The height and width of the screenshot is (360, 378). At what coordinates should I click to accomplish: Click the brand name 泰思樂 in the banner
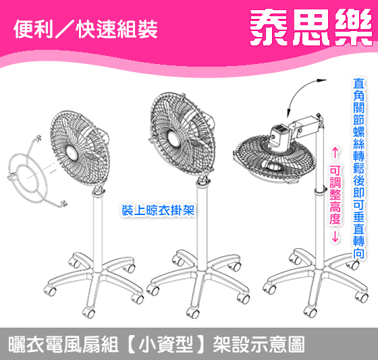(x=311, y=27)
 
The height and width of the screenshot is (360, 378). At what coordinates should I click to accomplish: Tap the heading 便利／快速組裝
(x=86, y=30)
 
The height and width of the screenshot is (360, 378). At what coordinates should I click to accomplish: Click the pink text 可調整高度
(x=335, y=195)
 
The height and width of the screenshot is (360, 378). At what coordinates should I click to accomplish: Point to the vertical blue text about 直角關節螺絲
(x=358, y=168)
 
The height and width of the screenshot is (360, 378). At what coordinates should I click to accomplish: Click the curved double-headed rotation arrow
(x=298, y=91)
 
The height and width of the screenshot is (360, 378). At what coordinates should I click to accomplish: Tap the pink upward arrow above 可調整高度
(x=335, y=154)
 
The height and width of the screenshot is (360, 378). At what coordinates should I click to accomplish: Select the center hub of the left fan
(x=72, y=154)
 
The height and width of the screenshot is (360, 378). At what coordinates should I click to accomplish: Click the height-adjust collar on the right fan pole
(x=320, y=191)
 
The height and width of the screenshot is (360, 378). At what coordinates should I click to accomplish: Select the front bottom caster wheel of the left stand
(x=88, y=312)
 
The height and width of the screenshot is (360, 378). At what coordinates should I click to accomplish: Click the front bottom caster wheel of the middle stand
(x=193, y=312)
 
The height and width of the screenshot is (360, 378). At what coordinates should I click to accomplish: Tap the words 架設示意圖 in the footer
(x=259, y=344)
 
